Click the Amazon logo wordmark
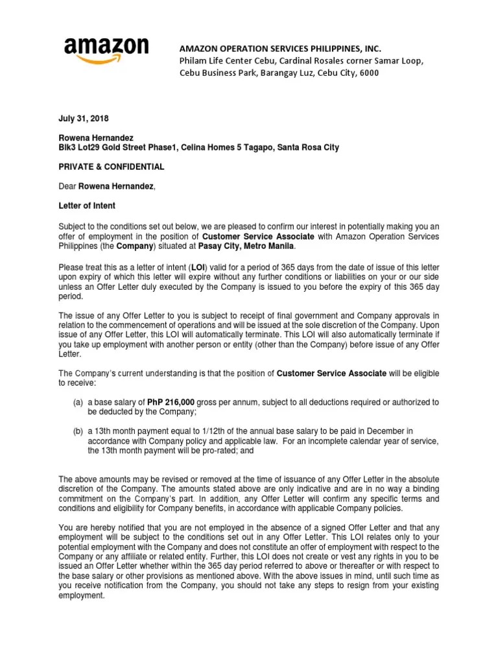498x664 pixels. (106, 47)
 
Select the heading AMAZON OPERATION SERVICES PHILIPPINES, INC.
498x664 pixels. (280, 49)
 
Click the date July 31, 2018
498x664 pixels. (84, 119)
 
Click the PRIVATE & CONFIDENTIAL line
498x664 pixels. (111, 167)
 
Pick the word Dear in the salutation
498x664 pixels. (67, 187)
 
